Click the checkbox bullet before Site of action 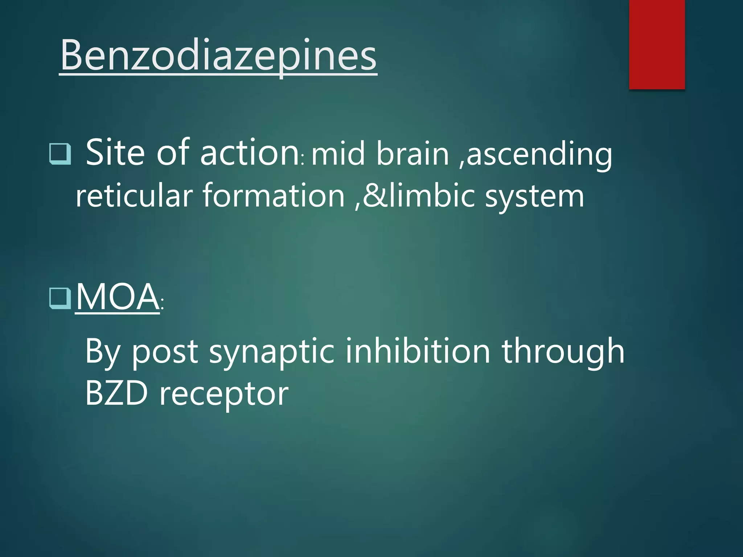pyautogui.click(x=60, y=154)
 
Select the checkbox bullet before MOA pyautogui.click(x=60, y=298)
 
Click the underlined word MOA pyautogui.click(x=117, y=297)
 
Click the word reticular pyautogui.click(x=134, y=196)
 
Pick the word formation pyautogui.click(x=274, y=196)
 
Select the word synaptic pyautogui.click(x=271, y=352)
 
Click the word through pyautogui.click(x=563, y=352)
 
